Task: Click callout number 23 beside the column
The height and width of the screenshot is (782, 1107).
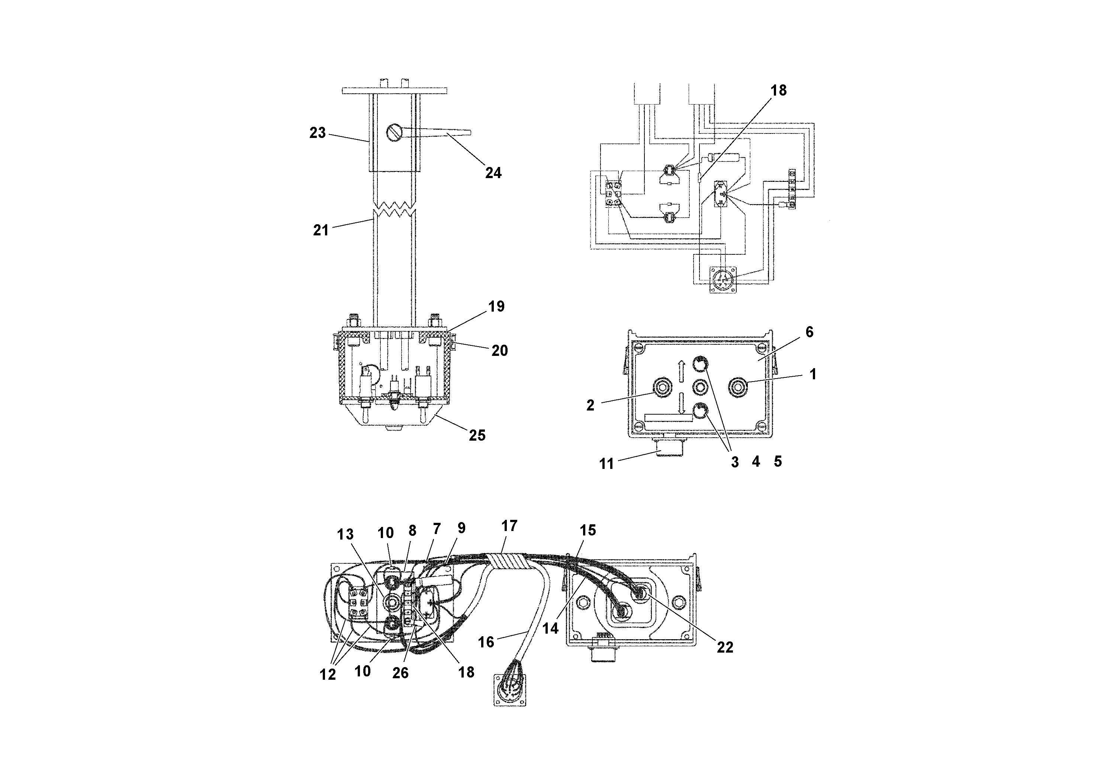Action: point(317,133)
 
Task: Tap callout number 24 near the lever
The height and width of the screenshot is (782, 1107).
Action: point(493,173)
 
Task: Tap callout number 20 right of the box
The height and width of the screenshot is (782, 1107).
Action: point(499,351)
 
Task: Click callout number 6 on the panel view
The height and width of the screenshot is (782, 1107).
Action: point(809,332)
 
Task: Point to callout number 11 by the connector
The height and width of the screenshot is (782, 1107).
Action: point(606,463)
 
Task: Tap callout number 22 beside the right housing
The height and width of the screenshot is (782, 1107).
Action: point(725,647)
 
